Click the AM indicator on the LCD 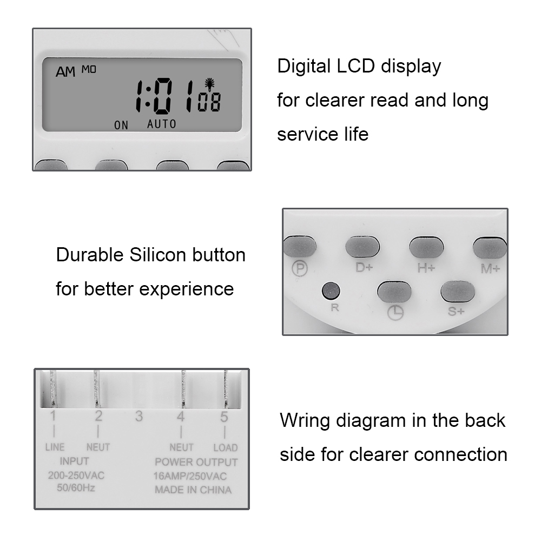click(x=65, y=72)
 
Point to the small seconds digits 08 click(x=209, y=102)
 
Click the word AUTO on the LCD click(x=162, y=124)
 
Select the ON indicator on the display click(x=121, y=126)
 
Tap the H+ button click(x=426, y=247)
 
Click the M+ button click(x=490, y=247)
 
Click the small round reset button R click(x=331, y=291)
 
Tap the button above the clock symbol click(x=394, y=292)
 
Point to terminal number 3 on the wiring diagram click(x=139, y=417)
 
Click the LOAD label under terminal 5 click(x=225, y=447)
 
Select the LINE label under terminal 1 click(x=54, y=447)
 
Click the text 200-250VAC click(x=76, y=476)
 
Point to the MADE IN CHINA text click(x=193, y=490)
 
